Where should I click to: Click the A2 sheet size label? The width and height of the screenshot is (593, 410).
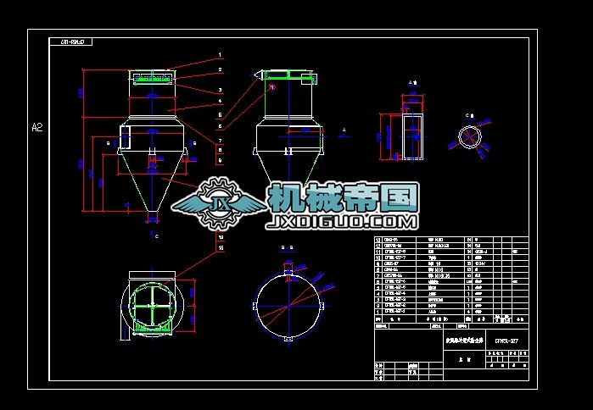37,128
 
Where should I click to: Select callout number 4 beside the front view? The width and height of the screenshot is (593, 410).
219,101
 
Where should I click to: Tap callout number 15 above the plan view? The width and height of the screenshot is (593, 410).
221,249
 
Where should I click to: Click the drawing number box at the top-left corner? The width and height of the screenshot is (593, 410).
71,40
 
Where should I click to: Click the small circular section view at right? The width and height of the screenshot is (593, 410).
469,136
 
